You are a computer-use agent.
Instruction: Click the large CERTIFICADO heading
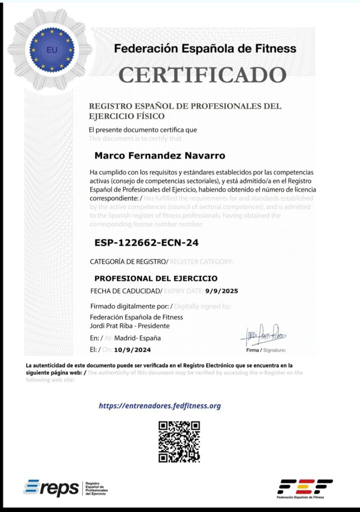pos(202,75)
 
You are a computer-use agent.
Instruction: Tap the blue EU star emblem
pos(51,49)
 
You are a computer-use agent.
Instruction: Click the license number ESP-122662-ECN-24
pos(146,243)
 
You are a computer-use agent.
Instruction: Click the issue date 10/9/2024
pos(132,350)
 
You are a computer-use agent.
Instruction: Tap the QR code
pos(179,441)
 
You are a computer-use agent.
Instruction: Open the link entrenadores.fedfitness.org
pos(160,406)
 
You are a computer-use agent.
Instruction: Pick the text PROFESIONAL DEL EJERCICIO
pos(156,278)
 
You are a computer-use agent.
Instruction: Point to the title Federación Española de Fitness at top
pos(205,49)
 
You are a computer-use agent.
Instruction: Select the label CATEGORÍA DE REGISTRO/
pos(129,261)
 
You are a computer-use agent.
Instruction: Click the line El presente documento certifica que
pos(142,130)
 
